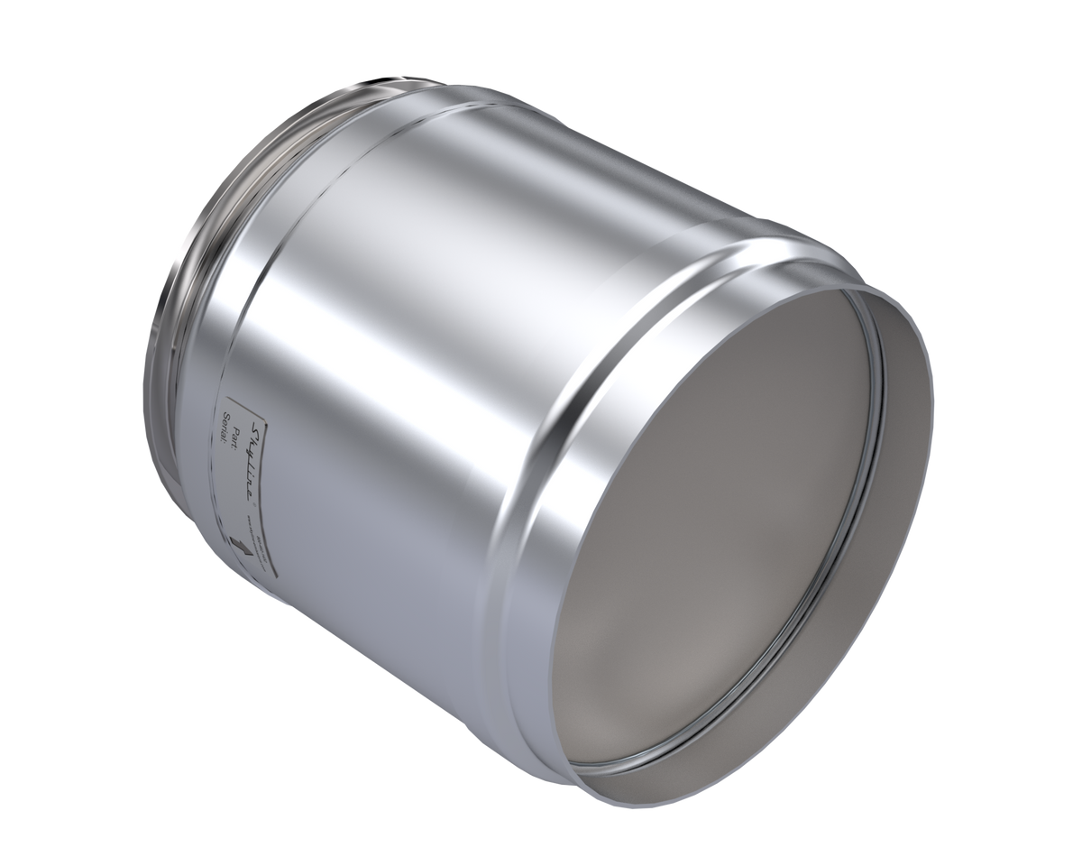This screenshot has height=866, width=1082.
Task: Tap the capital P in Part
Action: (238, 405)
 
